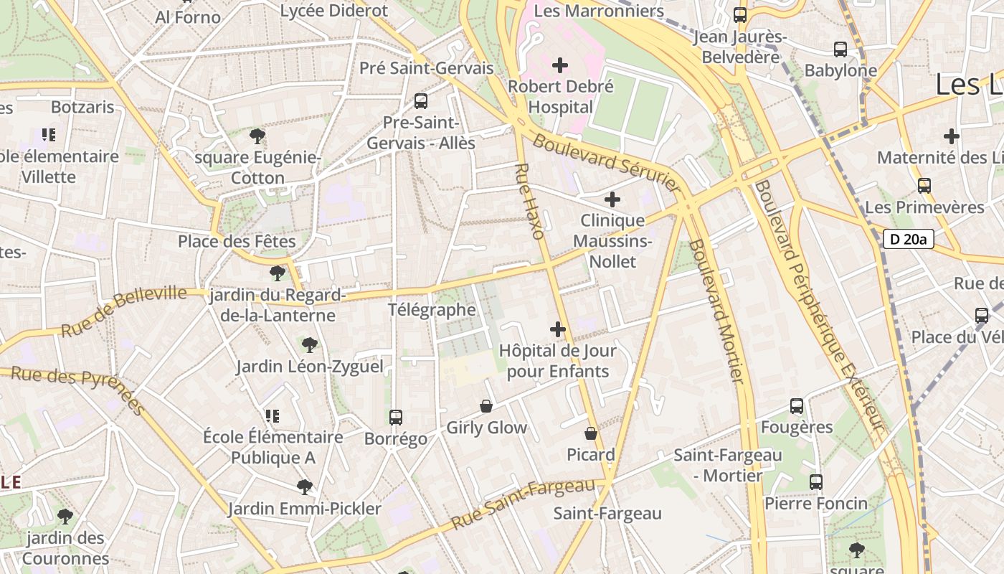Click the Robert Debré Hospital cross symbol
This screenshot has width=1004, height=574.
point(560,66)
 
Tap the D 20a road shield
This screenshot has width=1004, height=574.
point(908,239)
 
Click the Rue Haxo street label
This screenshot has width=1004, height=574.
point(530,202)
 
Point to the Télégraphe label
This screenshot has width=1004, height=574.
point(432,310)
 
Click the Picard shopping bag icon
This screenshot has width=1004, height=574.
point(591,433)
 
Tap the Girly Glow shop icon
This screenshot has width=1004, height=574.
point(486,407)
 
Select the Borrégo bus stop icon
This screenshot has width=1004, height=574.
point(395,418)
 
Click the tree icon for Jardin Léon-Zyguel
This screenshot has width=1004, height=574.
point(310,345)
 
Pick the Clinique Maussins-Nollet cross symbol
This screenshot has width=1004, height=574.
point(612,199)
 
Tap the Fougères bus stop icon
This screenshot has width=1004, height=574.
point(797,406)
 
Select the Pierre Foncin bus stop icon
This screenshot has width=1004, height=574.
point(816,482)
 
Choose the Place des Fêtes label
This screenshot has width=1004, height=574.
point(237,241)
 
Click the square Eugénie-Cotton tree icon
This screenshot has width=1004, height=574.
point(257,136)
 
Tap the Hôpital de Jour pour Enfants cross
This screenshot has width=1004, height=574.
point(558,330)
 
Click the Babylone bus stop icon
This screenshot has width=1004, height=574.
point(840,50)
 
